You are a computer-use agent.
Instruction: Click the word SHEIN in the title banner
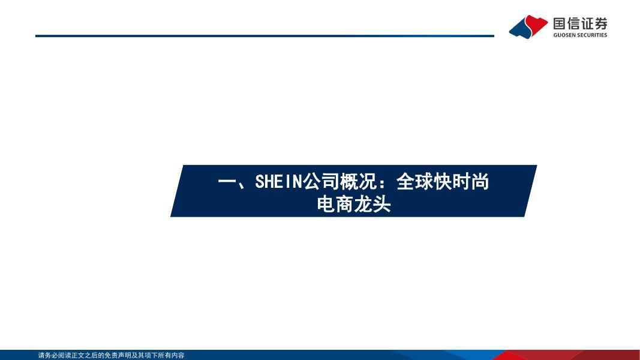pos(278,182)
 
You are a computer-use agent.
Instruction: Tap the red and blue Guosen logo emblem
pos(528,27)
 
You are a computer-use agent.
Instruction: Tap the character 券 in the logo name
pos(601,23)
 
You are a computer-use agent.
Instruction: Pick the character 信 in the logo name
pos(573,23)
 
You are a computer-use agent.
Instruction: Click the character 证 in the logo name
pos(587,23)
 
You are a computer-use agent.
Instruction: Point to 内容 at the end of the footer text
pos(178,356)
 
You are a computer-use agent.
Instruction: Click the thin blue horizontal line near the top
pos(265,36)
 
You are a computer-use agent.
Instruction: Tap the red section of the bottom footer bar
pos(572,355)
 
